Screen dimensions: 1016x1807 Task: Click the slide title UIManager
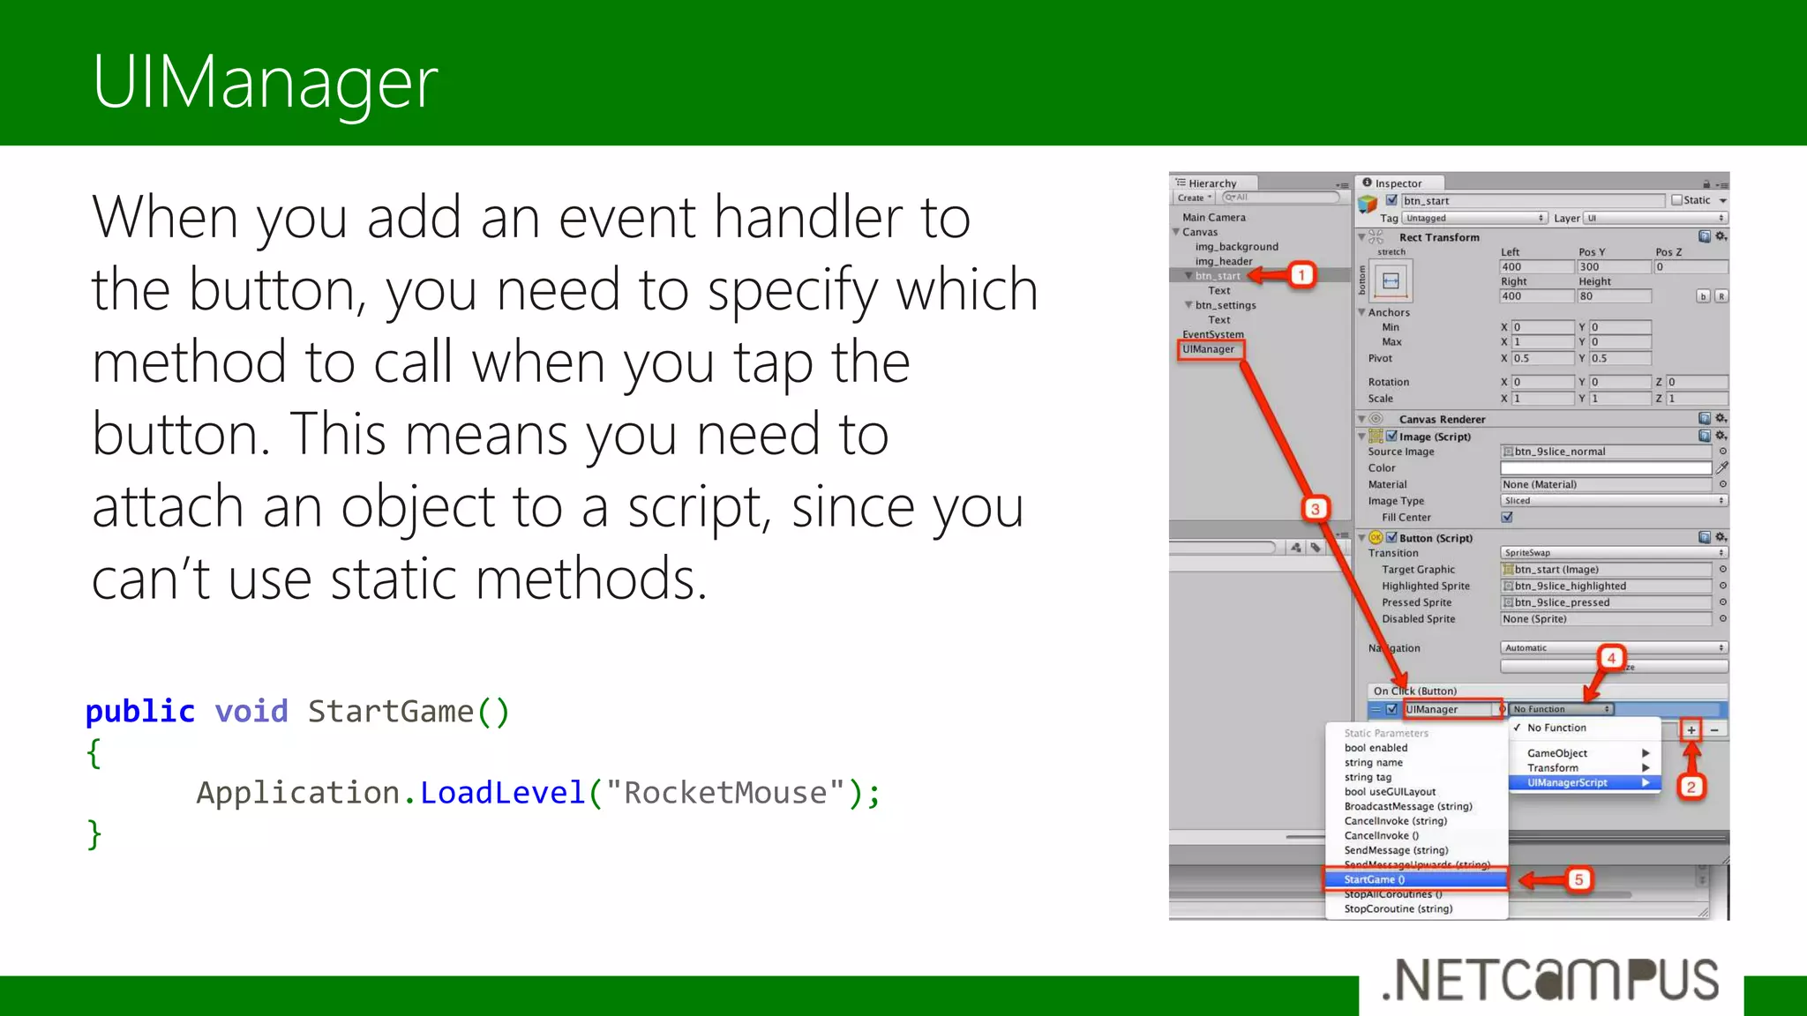click(x=265, y=82)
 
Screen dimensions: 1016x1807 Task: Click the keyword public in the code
click(x=139, y=711)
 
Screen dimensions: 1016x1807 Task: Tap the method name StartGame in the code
click(x=390, y=711)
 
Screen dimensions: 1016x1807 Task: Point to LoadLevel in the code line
click(x=502, y=792)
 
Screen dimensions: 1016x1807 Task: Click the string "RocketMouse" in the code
click(x=725, y=792)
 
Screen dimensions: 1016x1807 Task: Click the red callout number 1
click(x=1301, y=275)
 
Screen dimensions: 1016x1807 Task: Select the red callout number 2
click(x=1691, y=787)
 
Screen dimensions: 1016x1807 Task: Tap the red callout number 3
click(x=1315, y=509)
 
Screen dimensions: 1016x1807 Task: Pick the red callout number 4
click(x=1611, y=658)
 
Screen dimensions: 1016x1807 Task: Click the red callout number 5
click(x=1578, y=879)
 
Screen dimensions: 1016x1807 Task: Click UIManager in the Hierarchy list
click(x=1208, y=349)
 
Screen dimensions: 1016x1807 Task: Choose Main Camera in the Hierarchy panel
click(x=1213, y=217)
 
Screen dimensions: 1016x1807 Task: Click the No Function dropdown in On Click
click(x=1561, y=709)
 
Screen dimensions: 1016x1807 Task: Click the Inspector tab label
click(x=1398, y=183)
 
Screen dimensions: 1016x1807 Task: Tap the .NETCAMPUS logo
click(x=1550, y=981)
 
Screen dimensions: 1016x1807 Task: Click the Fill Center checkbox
click(x=1507, y=518)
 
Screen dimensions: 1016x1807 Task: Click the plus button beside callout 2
click(x=1691, y=729)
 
